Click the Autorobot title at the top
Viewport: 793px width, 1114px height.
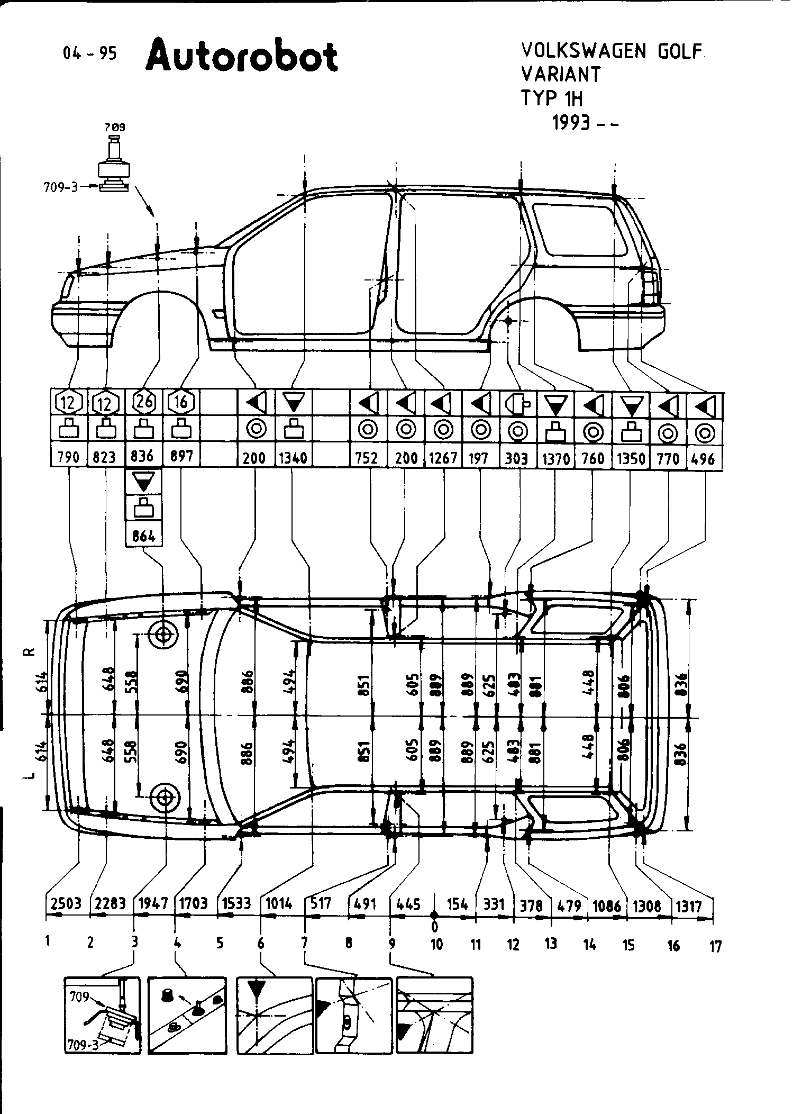242,57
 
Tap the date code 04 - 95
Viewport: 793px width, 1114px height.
89,53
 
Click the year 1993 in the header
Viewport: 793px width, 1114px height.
571,123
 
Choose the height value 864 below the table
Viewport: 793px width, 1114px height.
144,536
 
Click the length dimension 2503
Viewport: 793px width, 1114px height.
66,903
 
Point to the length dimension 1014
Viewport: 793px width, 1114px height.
279,903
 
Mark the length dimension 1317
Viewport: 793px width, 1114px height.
689,906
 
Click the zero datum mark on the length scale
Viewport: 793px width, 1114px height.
434,915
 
